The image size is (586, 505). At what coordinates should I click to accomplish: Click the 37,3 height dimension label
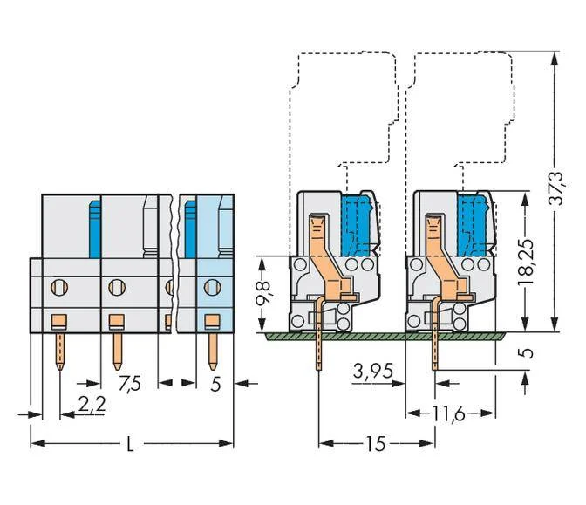click(x=555, y=188)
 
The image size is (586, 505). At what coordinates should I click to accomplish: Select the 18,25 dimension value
click(x=526, y=262)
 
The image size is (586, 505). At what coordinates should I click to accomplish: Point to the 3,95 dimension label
click(x=373, y=372)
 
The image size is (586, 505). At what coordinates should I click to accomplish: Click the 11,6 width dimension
click(x=448, y=413)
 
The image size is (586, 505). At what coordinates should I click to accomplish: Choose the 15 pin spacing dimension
click(x=376, y=443)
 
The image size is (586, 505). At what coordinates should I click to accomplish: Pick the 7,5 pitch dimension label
click(x=130, y=384)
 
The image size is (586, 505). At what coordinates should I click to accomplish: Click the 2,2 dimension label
click(x=92, y=404)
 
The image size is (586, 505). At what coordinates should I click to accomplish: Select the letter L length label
click(x=130, y=444)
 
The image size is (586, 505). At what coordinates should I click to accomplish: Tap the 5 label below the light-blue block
click(x=215, y=384)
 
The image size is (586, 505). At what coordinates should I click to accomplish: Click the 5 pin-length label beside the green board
click(x=527, y=353)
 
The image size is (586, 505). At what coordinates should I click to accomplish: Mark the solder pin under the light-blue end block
click(x=213, y=351)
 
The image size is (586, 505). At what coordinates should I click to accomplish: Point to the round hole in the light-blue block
click(x=212, y=287)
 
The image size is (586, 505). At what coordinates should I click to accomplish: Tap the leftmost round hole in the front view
click(x=59, y=287)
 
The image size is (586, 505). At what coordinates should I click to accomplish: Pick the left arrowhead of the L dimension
click(x=37, y=444)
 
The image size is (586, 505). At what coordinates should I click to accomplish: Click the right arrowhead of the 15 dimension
click(x=427, y=443)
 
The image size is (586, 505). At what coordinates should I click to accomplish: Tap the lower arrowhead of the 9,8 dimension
click(x=262, y=324)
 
